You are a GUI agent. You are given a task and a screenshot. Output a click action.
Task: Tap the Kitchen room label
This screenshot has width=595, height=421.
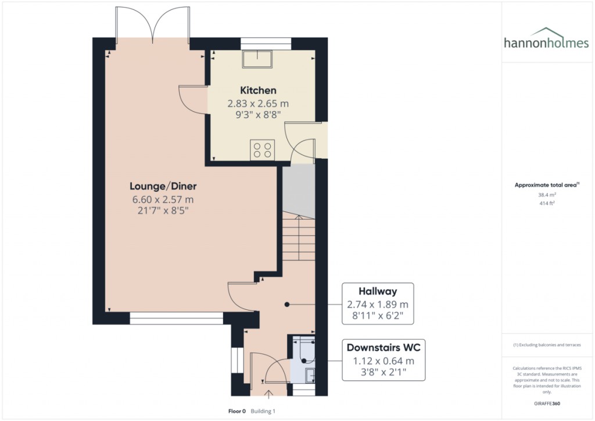point(258,91)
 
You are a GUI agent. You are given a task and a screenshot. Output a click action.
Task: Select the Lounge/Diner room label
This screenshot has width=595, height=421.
point(163,187)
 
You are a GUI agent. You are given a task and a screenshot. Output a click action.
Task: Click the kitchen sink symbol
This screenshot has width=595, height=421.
point(258,58)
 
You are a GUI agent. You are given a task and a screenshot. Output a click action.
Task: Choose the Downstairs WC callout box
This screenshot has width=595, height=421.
point(383,361)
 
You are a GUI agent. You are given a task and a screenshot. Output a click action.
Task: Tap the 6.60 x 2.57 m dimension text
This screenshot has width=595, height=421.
point(160,200)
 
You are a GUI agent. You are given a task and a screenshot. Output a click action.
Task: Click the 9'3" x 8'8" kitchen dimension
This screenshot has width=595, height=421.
point(258,115)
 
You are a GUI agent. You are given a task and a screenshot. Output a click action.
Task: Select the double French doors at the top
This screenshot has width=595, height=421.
point(153,26)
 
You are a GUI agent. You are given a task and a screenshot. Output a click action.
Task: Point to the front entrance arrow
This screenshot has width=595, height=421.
point(269,396)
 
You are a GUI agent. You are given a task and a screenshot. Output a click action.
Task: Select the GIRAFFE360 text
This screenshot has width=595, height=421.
point(547,403)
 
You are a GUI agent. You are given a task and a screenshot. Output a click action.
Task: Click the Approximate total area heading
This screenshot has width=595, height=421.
point(546,185)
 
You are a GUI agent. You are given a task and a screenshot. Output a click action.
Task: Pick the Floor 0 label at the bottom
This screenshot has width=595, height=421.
point(236,411)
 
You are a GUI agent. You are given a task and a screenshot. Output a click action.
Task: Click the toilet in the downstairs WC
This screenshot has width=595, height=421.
point(303,348)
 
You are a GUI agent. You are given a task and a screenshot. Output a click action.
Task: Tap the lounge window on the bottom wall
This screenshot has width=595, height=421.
point(176,318)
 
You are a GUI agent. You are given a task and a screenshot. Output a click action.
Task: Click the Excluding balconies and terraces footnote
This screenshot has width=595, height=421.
point(547,345)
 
